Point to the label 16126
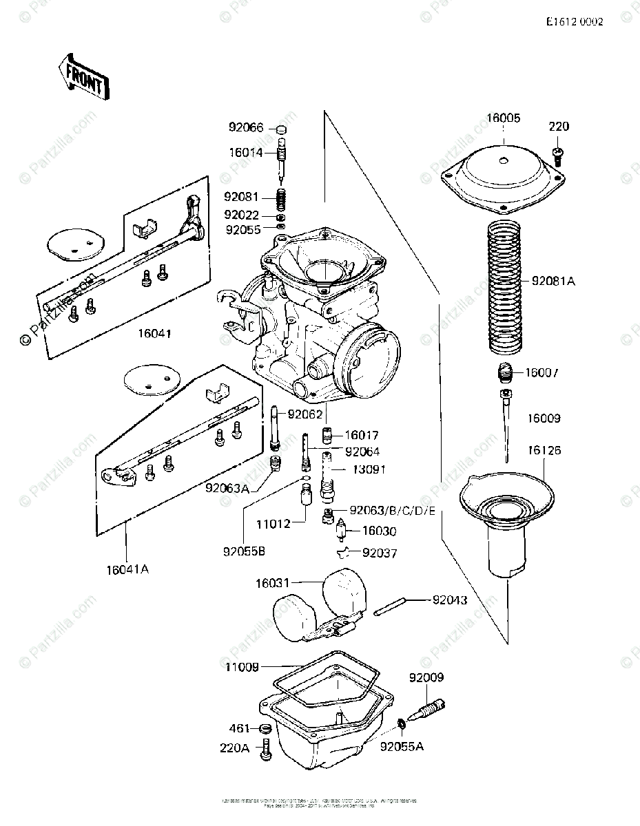[546, 451]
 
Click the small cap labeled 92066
[281, 129]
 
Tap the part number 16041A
[128, 569]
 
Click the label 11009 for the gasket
[240, 666]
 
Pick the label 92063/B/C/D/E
[392, 510]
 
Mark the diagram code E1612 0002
[575, 22]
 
